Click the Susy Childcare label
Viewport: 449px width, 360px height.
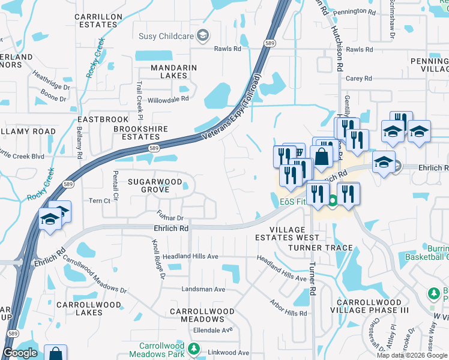coord(166,36)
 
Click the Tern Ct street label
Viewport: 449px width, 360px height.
coord(99,200)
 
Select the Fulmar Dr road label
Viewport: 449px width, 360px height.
coord(170,214)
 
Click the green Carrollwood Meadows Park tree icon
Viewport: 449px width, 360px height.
coord(193,349)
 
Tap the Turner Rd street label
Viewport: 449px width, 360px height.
coord(313,281)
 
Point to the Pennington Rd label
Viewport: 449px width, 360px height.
coord(354,11)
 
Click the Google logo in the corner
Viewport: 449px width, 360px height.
coord(20,353)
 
